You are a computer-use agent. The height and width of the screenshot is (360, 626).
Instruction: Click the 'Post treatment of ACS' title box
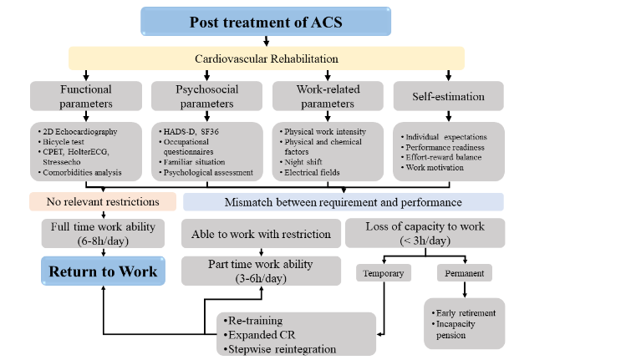click(265, 22)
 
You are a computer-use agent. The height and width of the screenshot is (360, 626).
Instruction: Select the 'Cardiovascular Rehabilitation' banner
click(265, 58)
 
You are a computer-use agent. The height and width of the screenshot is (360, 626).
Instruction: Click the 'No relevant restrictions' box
click(103, 201)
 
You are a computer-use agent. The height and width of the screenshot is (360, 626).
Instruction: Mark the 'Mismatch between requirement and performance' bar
click(343, 201)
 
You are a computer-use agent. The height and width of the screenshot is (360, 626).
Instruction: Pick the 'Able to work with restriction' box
click(260, 234)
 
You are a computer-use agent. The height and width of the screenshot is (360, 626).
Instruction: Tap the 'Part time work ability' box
click(260, 271)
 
